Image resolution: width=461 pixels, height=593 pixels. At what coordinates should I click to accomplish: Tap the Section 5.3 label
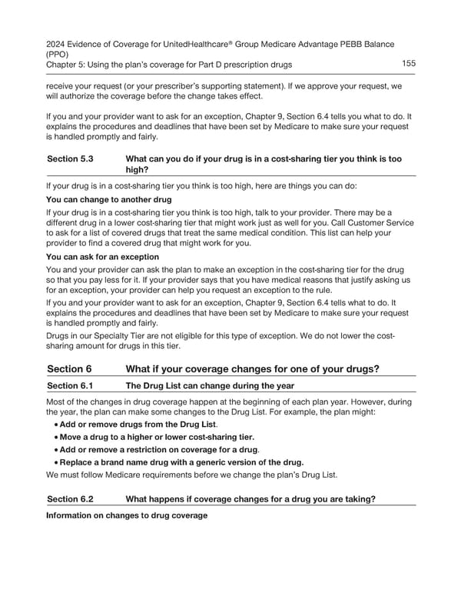tap(70, 158)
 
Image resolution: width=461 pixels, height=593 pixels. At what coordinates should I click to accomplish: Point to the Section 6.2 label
tap(70, 498)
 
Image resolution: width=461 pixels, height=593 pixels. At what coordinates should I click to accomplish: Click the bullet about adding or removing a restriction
tap(160, 449)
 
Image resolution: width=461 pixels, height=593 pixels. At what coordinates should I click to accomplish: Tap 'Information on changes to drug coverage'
tap(127, 515)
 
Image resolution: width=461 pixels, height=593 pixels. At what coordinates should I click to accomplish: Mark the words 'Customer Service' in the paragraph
tap(380, 222)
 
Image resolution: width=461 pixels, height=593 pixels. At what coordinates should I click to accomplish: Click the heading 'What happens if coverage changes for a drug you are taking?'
tap(250, 498)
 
